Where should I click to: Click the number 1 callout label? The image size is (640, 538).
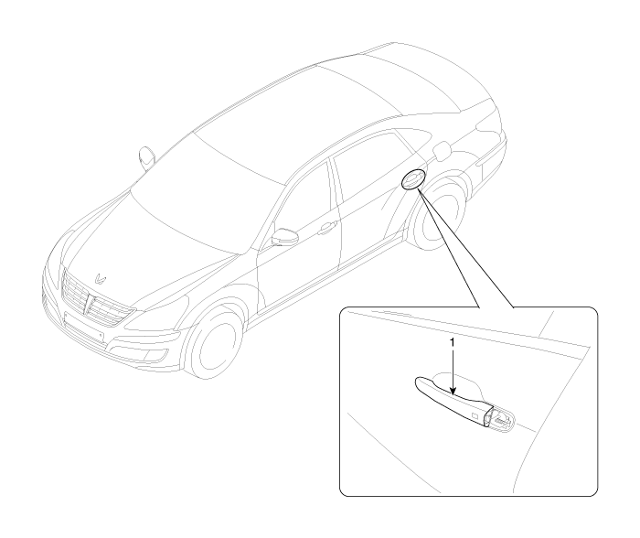[x=452, y=342]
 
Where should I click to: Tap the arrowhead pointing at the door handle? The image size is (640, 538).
[x=453, y=392]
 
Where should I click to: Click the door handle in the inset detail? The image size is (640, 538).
[x=453, y=401]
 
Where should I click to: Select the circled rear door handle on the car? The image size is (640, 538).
[x=413, y=179]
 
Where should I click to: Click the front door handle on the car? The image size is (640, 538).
[x=327, y=228]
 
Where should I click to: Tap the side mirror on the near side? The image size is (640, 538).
[x=285, y=237]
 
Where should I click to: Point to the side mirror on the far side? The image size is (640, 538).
[x=146, y=157]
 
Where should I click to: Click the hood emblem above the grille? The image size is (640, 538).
[x=100, y=278]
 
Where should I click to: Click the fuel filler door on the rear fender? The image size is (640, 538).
[x=443, y=151]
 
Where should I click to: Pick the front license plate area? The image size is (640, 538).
[x=84, y=326]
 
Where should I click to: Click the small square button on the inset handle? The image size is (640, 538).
[x=475, y=416]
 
